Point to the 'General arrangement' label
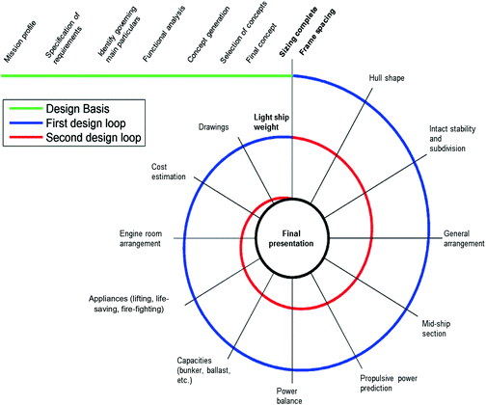click(462, 238)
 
